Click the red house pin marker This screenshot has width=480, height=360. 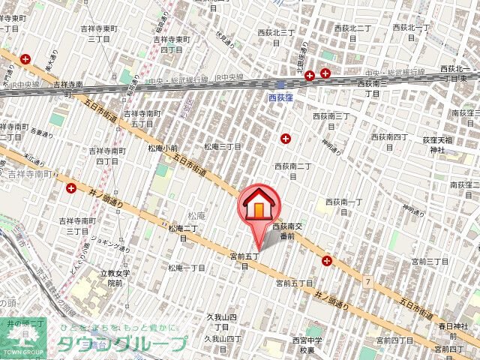[x=259, y=205]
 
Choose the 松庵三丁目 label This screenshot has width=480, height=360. [x=223, y=147]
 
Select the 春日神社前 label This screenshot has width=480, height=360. [x=452, y=331]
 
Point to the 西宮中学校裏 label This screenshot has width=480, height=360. [x=309, y=345]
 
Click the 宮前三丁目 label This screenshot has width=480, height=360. [x=430, y=261]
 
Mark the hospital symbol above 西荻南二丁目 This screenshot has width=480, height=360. [x=286, y=138]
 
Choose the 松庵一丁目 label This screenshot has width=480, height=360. [x=187, y=268]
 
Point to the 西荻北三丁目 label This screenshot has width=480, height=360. [x=277, y=32]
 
